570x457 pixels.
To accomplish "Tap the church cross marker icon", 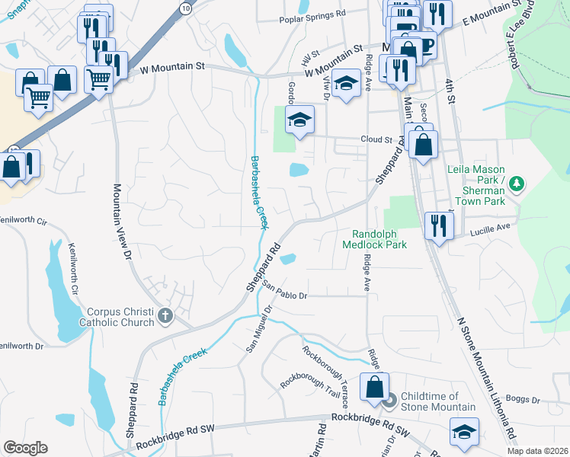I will click(165, 316).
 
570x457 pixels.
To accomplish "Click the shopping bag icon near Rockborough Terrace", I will click(375, 387).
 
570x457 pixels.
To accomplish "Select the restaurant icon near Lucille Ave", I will click(438, 225).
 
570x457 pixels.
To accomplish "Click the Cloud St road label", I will click(376, 140).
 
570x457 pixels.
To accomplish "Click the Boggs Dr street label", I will click(522, 400).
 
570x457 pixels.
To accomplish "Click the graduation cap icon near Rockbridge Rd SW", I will click(463, 432).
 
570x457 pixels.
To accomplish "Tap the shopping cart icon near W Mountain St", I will click(98, 78).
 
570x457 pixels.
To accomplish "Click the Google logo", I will click(26, 448).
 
